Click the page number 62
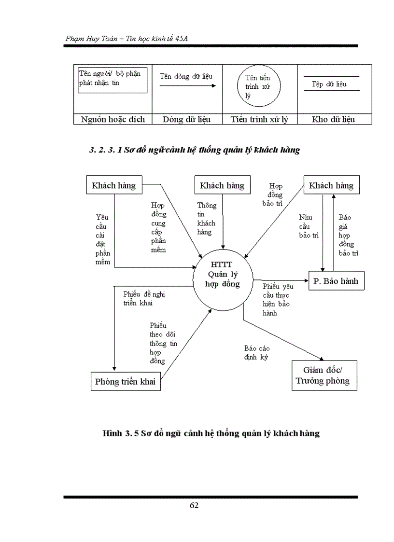(194, 505)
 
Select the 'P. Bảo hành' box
(336, 281)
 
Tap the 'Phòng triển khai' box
(125, 381)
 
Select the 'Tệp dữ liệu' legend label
(329, 84)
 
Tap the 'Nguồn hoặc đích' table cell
(113, 119)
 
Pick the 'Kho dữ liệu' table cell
(334, 119)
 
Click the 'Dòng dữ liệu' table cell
(186, 119)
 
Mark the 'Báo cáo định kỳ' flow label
(256, 353)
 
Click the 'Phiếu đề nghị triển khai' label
(144, 298)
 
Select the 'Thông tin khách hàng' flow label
(206, 219)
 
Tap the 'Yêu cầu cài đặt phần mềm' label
(103, 240)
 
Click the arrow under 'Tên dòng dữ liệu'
(187, 86)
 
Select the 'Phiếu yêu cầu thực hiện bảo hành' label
(278, 299)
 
